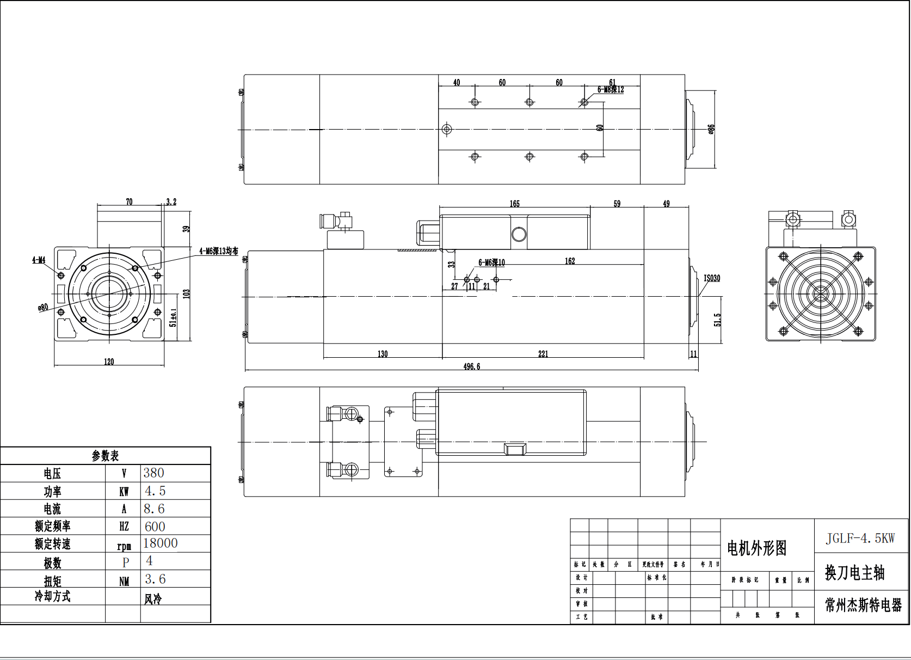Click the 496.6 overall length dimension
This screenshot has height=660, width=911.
[471, 366]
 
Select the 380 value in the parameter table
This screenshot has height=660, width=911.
[153, 473]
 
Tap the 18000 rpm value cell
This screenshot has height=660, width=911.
[160, 543]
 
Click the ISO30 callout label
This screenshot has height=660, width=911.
[711, 278]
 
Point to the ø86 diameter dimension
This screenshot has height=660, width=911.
[711, 129]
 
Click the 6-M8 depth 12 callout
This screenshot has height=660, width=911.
[611, 90]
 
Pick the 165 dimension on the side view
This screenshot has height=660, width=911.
[514, 204]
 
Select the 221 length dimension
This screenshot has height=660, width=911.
[543, 354]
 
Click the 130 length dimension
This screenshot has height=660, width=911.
[383, 354]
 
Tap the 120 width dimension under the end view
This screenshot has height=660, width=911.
[109, 362]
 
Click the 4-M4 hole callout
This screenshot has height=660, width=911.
[39, 260]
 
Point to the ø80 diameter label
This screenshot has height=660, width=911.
[43, 307]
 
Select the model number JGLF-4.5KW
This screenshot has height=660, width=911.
[860, 539]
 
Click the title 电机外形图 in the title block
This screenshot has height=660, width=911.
[756, 548]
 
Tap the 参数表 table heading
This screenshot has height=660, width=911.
[105, 456]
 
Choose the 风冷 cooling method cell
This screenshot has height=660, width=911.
[153, 599]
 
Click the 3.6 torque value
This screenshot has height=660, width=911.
[155, 579]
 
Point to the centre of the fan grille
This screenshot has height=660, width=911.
[820, 294]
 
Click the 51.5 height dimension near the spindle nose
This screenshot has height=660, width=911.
[717, 320]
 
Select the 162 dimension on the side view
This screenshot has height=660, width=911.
[570, 261]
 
